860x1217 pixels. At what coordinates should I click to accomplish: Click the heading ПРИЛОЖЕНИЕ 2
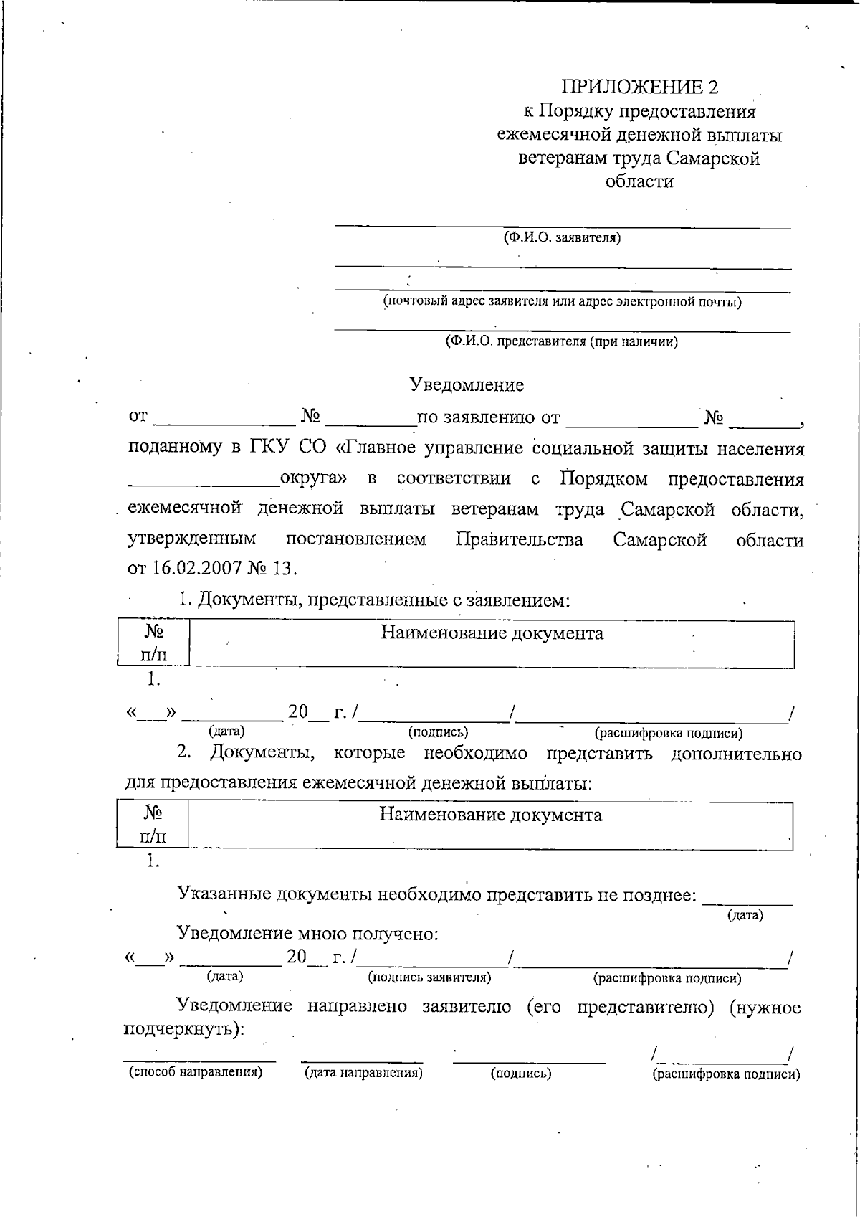tap(639, 87)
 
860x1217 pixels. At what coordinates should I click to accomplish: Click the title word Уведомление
tap(467, 385)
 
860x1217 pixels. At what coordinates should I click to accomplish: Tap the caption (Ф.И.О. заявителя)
tap(561, 237)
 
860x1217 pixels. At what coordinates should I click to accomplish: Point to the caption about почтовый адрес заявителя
tap(562, 301)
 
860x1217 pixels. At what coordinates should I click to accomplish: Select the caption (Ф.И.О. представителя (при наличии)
tap(561, 341)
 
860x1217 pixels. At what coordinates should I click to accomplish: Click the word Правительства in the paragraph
tap(519, 539)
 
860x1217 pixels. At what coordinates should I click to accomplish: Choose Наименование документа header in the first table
tap(491, 633)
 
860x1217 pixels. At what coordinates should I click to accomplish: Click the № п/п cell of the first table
tap(153, 643)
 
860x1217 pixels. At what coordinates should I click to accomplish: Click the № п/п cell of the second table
tap(153, 824)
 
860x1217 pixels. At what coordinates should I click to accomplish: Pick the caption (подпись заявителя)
tap(429, 977)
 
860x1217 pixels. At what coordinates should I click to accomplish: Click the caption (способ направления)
tap(195, 1072)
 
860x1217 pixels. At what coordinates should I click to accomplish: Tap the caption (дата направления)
tap(363, 1073)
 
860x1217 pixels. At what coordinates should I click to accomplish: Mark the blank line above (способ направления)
tap(199, 1060)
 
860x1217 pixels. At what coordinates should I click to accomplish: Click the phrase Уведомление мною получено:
tap(307, 934)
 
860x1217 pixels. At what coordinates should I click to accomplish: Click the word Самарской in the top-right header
tap(712, 158)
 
